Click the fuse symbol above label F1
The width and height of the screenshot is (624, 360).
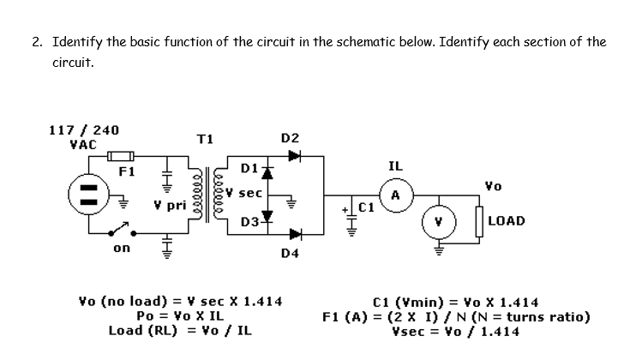pos(119,157)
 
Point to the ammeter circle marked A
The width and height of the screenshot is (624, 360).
pos(395,195)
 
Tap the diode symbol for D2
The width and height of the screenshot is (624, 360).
pos(295,157)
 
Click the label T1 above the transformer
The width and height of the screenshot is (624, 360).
pos(205,139)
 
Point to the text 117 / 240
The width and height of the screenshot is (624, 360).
pos(83,130)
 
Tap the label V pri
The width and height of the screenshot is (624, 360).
pos(170,206)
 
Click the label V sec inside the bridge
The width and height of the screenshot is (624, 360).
pos(246,193)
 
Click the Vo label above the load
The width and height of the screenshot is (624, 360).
pos(493,183)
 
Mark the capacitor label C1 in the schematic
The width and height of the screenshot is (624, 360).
pos(367,207)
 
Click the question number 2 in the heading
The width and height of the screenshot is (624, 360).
pos(38,41)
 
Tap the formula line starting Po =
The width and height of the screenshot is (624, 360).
pos(180,315)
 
